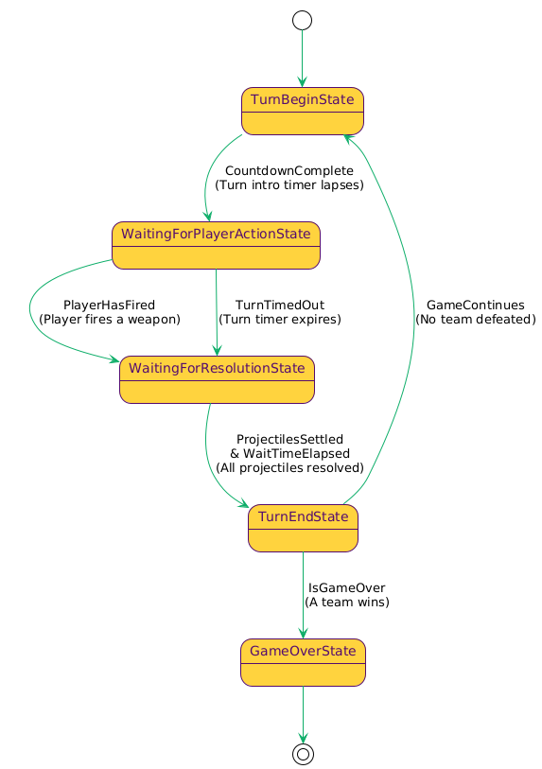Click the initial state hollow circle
[303, 20]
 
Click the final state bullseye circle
[303, 753]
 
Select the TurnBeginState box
[303, 111]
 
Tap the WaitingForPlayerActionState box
[216, 245]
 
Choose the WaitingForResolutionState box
[217, 379]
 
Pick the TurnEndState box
[303, 528]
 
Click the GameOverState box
[303, 662]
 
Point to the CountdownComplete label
[289, 170]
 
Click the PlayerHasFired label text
[109, 305]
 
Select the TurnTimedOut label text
[279, 305]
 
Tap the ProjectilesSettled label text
[289, 439]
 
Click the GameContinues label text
[475, 305]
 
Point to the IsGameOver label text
[346, 587]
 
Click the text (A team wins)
[346, 602]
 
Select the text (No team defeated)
[475, 320]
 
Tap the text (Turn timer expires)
[279, 320]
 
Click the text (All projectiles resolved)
[289, 467]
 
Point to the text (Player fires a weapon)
[109, 320]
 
